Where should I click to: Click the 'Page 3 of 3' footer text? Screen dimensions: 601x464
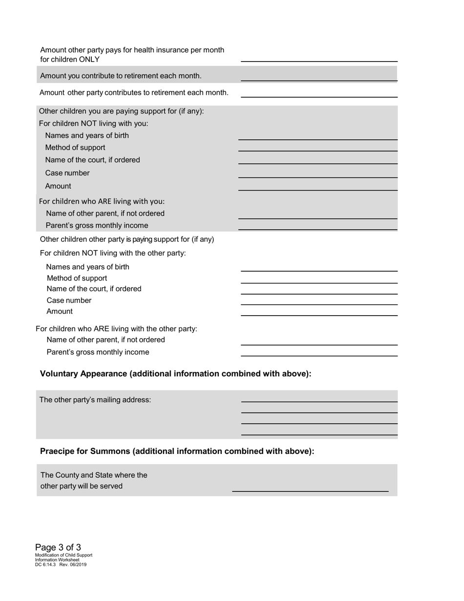(58, 547)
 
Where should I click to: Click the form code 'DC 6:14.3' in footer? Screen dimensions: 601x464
(45, 564)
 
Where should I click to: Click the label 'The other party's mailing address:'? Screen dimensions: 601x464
(95, 400)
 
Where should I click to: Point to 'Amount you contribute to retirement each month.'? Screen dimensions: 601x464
(121, 76)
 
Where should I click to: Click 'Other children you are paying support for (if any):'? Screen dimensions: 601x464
(121, 111)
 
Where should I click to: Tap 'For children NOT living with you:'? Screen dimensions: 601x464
(93, 123)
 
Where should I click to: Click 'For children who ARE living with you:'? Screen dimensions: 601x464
(102, 201)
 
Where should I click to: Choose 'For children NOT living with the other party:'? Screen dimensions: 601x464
(112, 253)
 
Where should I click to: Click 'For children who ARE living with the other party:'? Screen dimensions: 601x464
(116, 328)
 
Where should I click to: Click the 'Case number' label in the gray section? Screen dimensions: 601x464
(67, 173)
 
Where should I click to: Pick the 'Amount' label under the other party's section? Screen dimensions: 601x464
(60, 311)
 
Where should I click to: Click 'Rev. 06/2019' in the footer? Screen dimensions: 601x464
(73, 564)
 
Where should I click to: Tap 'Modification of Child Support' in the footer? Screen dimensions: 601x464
(63, 555)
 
